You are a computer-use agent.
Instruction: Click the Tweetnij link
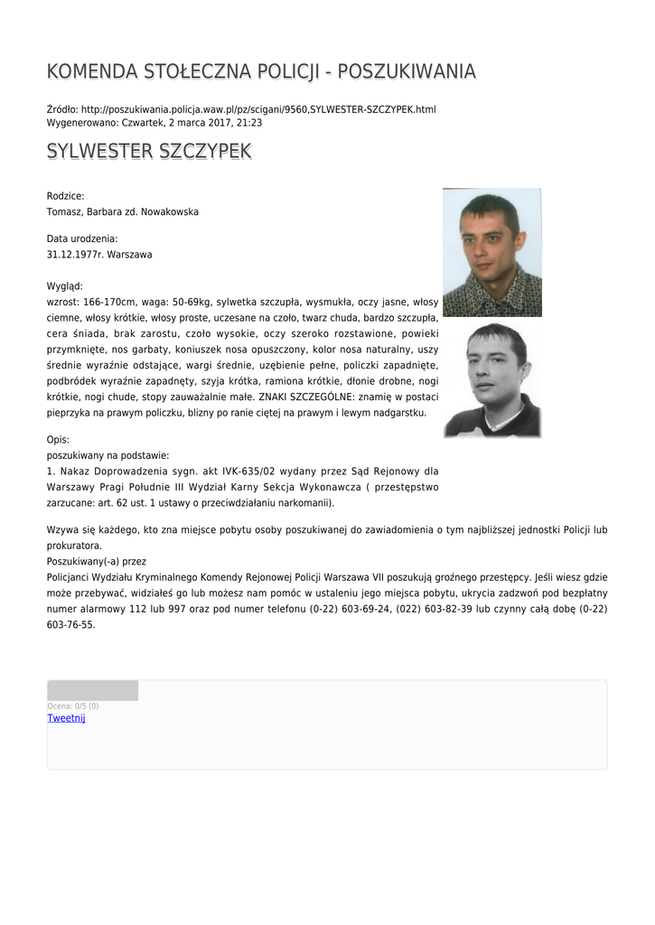(x=66, y=718)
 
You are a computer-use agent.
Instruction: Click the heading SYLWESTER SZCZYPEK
(x=149, y=151)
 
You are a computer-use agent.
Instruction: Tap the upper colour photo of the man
(x=491, y=252)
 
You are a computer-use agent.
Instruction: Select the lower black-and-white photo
(x=491, y=380)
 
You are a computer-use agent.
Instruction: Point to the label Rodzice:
(x=65, y=196)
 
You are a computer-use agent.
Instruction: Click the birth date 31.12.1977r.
(x=75, y=255)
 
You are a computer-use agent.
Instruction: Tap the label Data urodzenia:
(x=82, y=238)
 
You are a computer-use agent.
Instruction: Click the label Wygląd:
(x=65, y=286)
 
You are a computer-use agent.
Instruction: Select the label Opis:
(x=58, y=439)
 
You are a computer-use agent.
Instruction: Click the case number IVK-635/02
(x=243, y=471)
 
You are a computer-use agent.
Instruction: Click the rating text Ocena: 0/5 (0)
(x=72, y=705)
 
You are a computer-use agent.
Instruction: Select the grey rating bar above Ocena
(x=92, y=691)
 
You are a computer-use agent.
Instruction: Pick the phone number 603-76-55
(x=70, y=624)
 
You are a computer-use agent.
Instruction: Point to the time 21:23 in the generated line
(x=249, y=122)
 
